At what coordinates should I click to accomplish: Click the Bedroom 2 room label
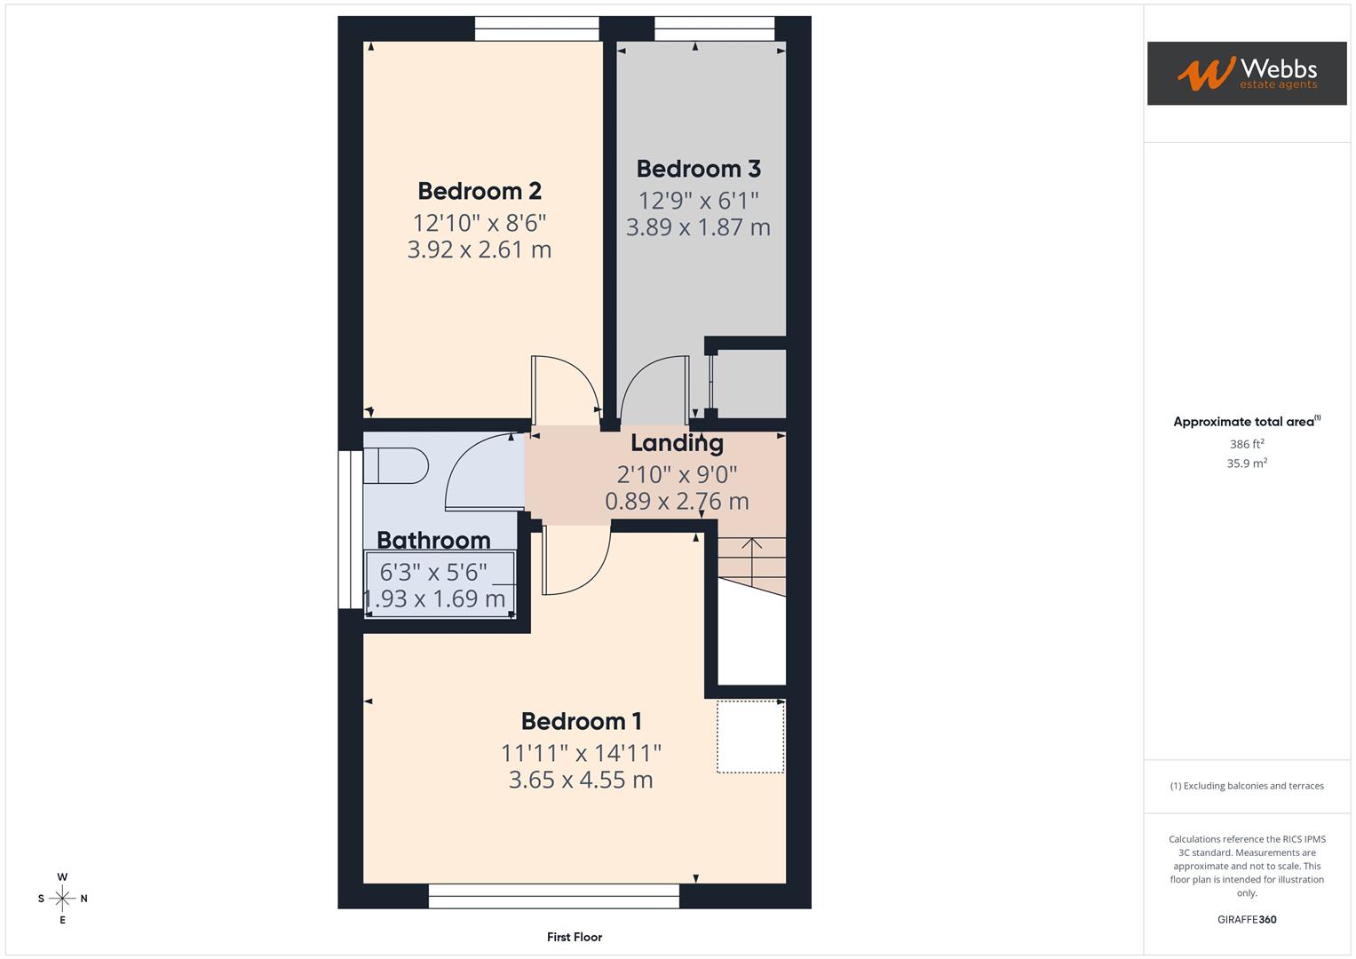point(480,191)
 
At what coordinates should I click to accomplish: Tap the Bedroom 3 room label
point(698,169)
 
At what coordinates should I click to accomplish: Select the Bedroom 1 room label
point(581,721)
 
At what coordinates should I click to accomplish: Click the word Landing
point(677,442)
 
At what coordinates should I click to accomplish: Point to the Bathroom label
point(433,540)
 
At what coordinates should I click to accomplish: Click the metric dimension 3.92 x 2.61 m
point(480,250)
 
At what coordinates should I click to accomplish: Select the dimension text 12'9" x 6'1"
point(698,201)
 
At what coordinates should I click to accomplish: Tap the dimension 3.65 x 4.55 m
point(581,780)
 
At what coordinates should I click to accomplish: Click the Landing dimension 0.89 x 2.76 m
point(677,501)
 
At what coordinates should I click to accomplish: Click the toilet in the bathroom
point(396,465)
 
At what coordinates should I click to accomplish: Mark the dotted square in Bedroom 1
point(750,736)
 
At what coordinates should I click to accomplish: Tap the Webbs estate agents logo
point(1247,74)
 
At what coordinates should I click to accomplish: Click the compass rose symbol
point(62,899)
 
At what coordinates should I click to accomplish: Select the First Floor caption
point(575,937)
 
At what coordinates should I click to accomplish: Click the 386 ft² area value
point(1247,444)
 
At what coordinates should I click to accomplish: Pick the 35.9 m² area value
point(1247,464)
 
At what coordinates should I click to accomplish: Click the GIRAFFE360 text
point(1247,920)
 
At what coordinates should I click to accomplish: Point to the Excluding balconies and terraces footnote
point(1247,786)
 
